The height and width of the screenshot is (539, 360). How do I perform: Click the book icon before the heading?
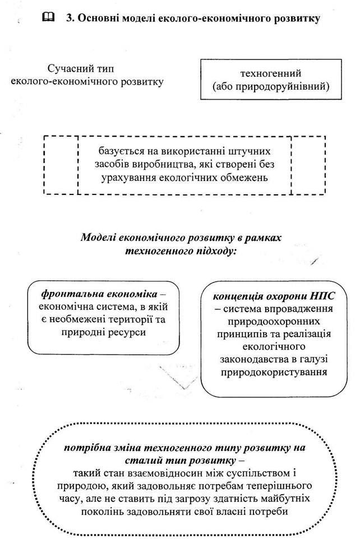click(x=49, y=18)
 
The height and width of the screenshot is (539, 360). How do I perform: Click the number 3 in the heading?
click(x=70, y=18)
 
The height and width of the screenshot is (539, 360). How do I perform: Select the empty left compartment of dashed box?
click(x=61, y=165)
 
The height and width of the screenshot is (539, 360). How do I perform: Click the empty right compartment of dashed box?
click(x=308, y=165)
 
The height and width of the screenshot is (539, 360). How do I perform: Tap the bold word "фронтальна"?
click(x=69, y=293)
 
